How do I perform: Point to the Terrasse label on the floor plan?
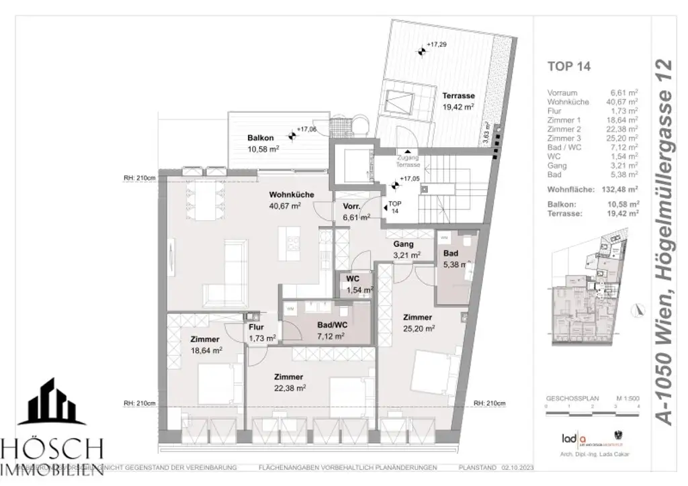click(x=458, y=96)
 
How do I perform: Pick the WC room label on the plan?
click(x=353, y=279)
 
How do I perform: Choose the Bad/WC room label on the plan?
click(x=331, y=325)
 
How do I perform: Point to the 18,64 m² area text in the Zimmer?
click(x=206, y=350)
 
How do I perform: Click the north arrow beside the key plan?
click(x=636, y=309)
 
